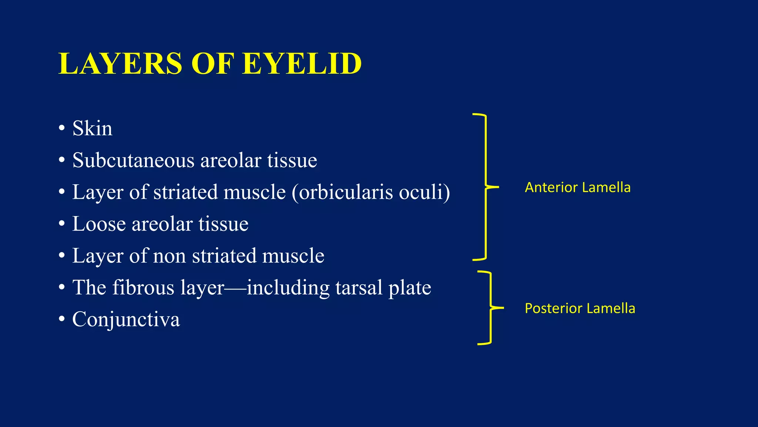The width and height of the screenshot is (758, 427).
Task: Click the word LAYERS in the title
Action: pos(120,64)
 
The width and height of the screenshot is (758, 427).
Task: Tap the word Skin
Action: pos(92,129)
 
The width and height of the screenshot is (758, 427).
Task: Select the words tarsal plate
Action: pos(383,288)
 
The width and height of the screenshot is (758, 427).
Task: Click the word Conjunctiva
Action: pos(126,320)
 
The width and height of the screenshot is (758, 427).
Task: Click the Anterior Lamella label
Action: pos(577,188)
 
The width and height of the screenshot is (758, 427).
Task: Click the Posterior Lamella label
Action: pos(580,308)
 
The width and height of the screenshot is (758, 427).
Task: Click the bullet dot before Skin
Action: pos(62,129)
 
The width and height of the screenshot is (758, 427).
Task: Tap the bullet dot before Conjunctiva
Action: pos(62,320)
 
